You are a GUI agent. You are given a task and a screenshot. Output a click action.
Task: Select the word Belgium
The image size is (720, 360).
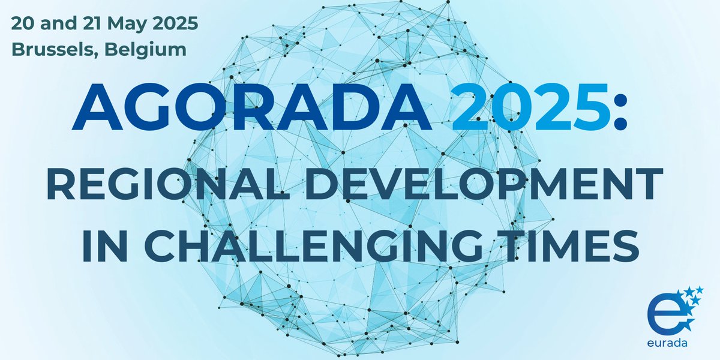[142, 49]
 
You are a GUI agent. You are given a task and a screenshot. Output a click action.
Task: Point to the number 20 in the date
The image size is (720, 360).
[23, 25]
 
